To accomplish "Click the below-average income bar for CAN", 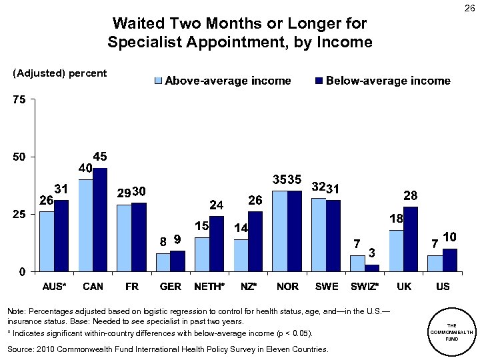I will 99,220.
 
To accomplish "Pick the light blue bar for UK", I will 395,251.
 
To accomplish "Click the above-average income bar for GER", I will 163,263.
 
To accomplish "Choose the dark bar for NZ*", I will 255,241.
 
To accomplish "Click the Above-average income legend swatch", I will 158,81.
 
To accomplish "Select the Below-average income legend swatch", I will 318,81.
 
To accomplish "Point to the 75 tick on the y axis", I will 18,100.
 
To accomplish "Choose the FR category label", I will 131,287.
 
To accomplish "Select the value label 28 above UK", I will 411,195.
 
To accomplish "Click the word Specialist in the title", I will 141,43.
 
